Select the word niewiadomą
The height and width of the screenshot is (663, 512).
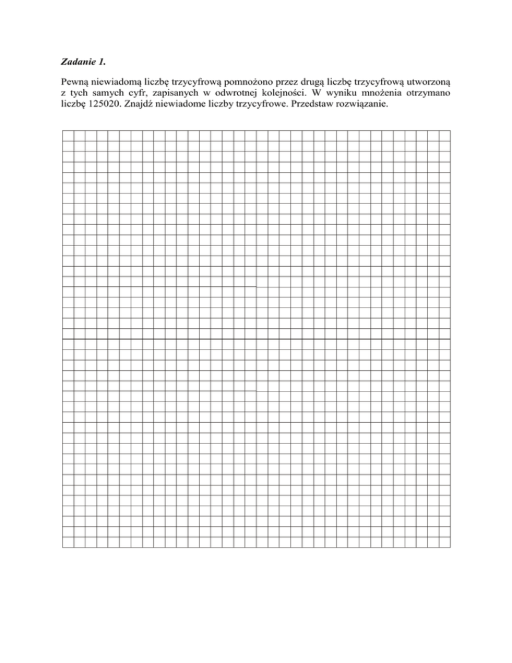pyautogui.click(x=111, y=89)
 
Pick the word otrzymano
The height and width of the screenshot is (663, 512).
pyautogui.click(x=429, y=100)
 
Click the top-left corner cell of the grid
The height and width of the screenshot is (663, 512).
pyautogui.click(x=67, y=135)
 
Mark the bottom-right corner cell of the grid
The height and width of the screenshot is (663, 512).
pyautogui.click(x=445, y=542)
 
